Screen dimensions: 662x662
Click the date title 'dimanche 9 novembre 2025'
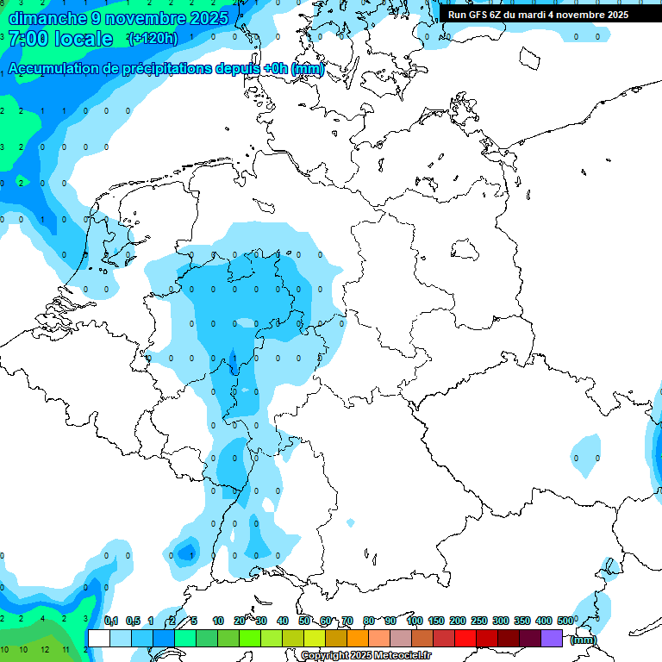(x=118, y=17)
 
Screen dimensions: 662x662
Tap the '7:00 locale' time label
(x=60, y=39)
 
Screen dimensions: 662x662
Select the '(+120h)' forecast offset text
(x=153, y=39)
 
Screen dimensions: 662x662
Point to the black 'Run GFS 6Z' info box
(x=539, y=14)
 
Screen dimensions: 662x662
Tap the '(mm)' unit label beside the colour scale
(x=584, y=640)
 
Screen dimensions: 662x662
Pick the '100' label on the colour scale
(x=414, y=621)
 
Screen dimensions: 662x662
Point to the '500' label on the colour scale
(x=566, y=621)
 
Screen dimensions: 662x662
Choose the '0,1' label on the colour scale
(x=110, y=621)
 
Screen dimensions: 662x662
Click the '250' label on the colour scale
(x=479, y=621)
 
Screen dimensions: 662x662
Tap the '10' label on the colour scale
(x=218, y=621)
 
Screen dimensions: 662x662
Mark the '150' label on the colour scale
(x=436, y=621)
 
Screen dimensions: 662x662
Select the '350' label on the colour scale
(x=522, y=621)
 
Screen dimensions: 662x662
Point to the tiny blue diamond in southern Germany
(x=350, y=522)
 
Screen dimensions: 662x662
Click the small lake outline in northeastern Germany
(x=465, y=249)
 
